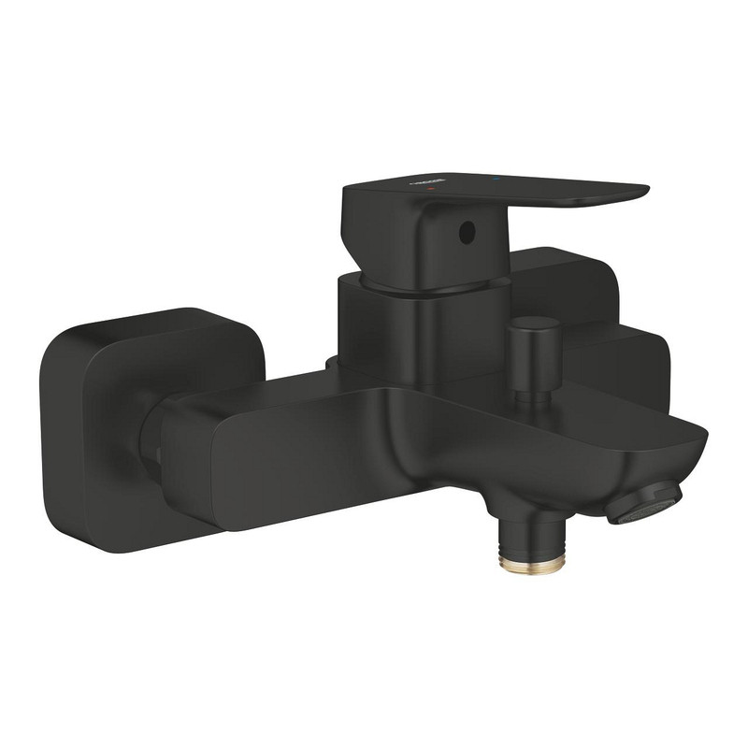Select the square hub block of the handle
click(411, 234)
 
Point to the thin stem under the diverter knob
click(532, 385)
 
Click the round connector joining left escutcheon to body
click(150, 439)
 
